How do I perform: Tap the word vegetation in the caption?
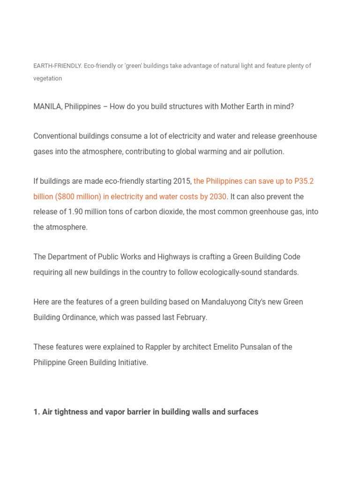pos(47,79)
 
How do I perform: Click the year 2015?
pos(183,181)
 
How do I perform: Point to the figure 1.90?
pos(76,212)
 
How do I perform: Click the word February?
pos(191,317)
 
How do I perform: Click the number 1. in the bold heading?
pos(37,412)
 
